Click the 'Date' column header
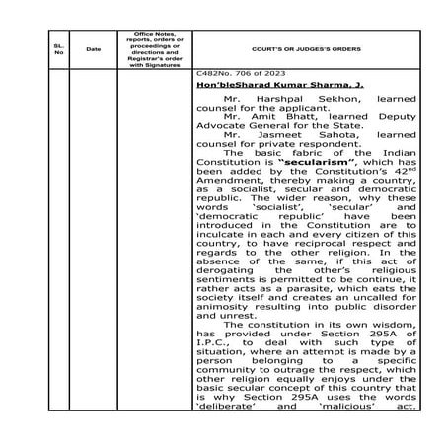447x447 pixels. pyautogui.click(x=94, y=48)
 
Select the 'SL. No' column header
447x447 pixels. pyautogui.click(x=59, y=48)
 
